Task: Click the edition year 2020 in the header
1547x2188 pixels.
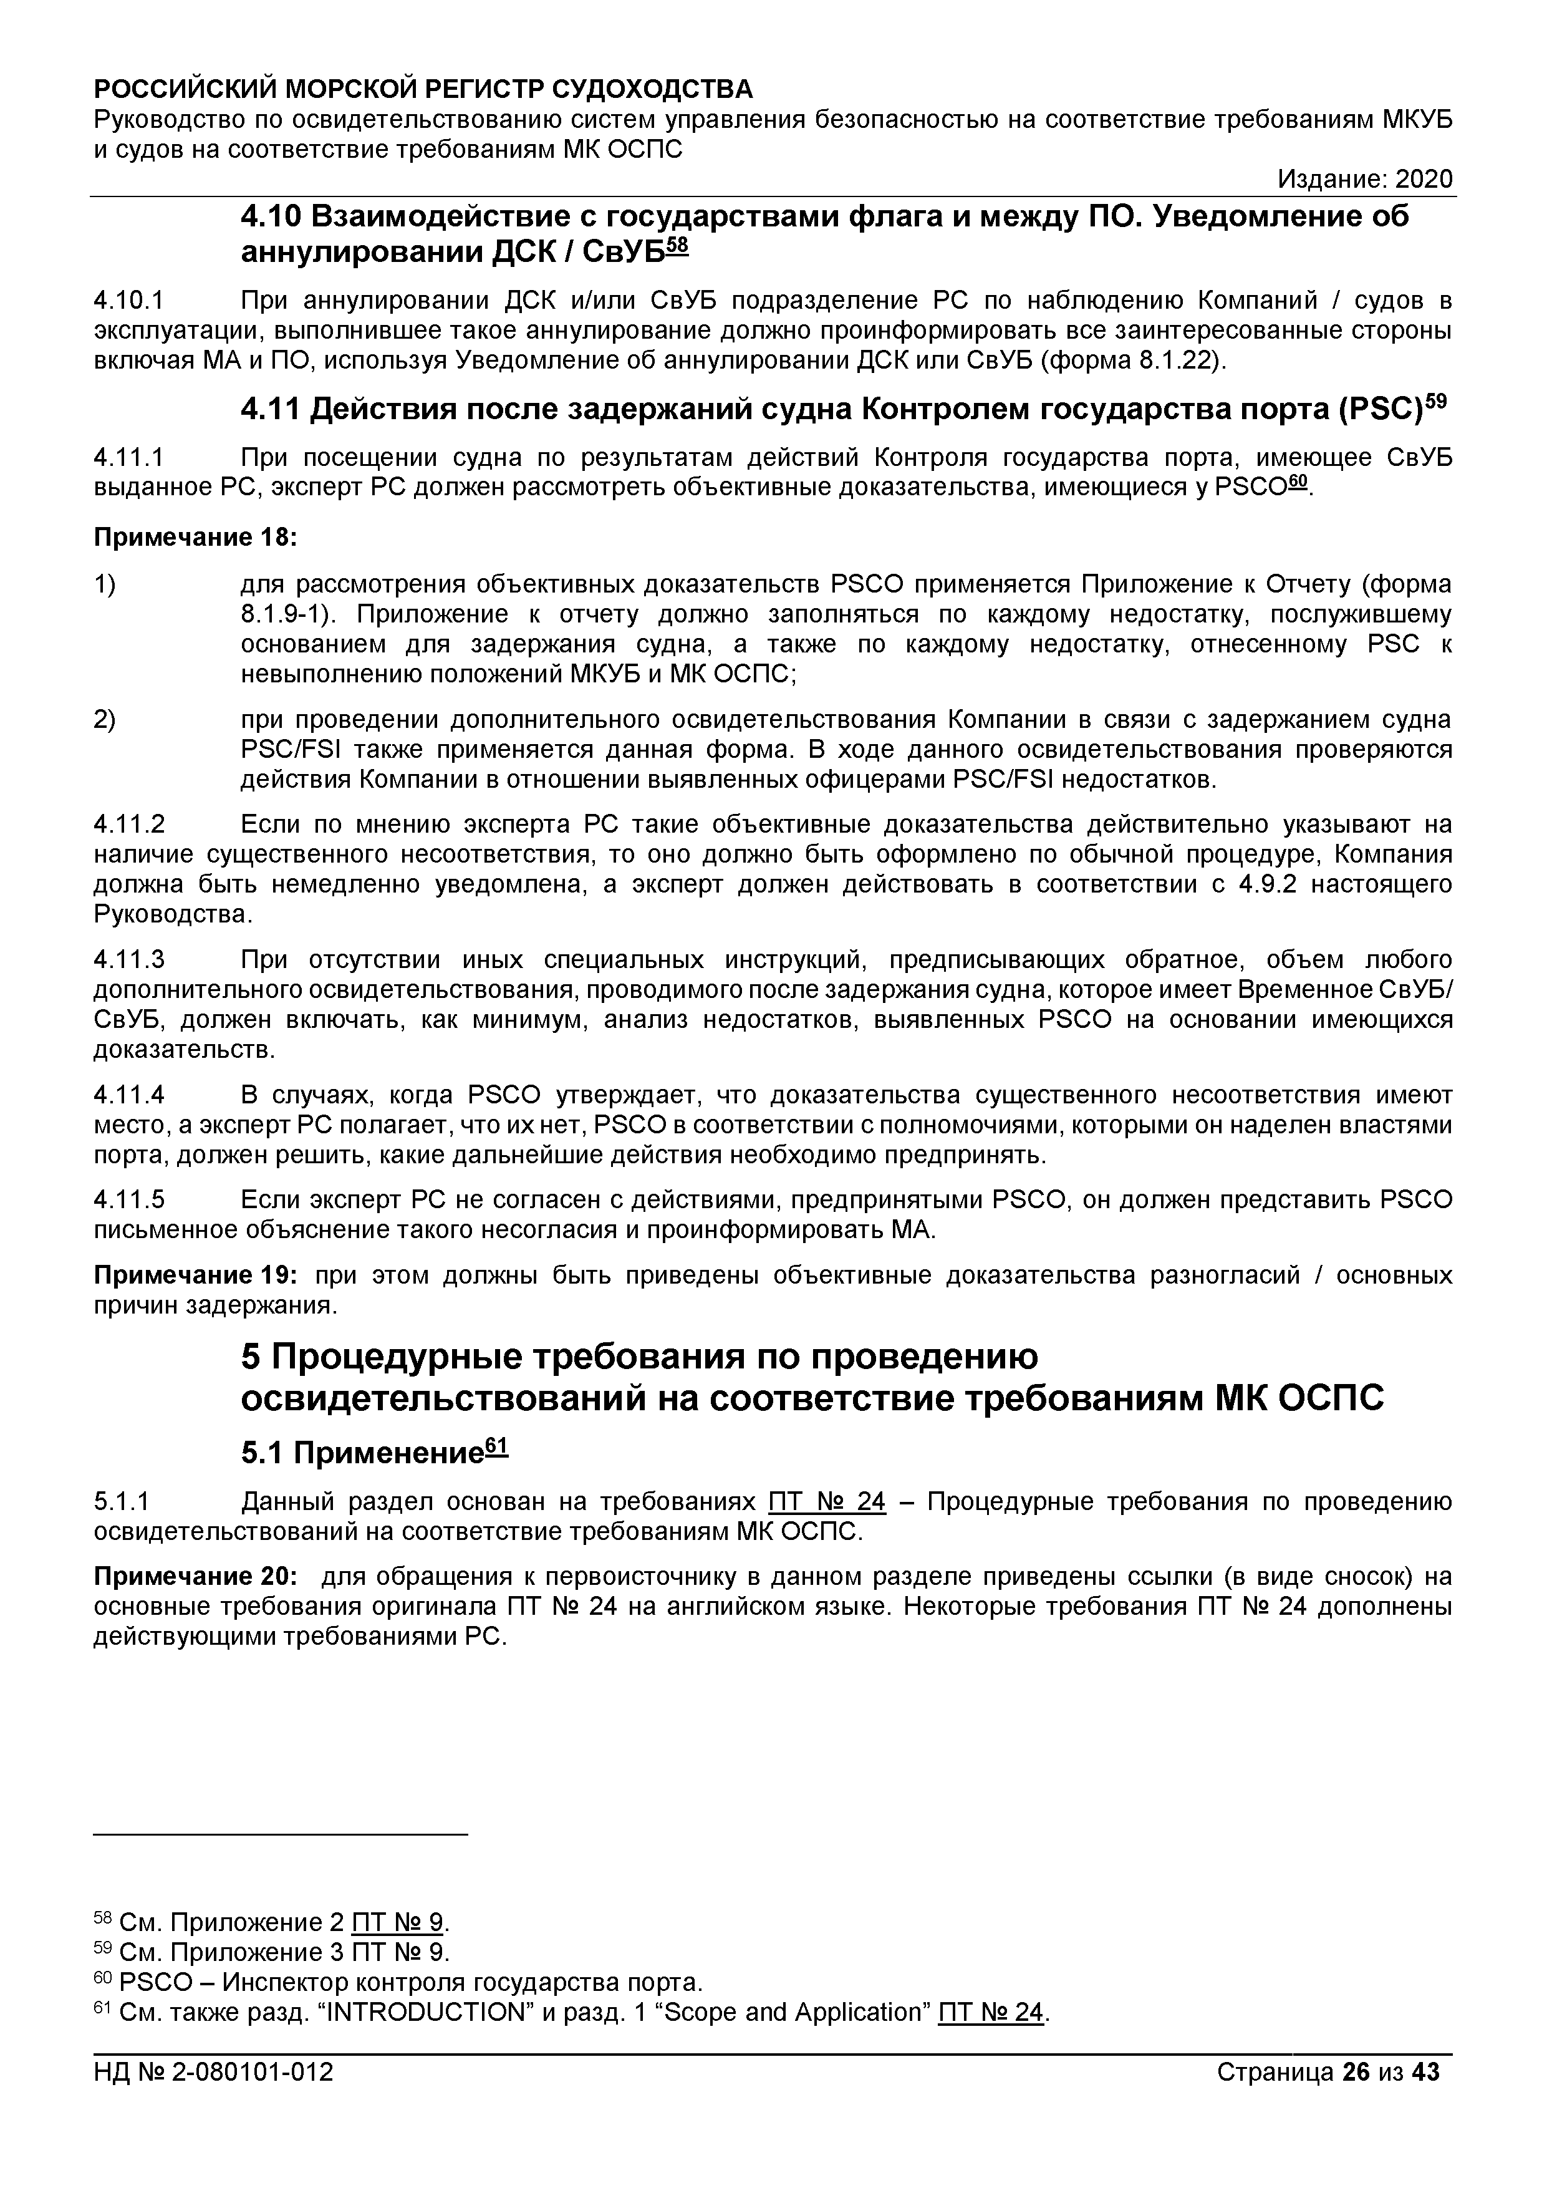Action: point(1424,179)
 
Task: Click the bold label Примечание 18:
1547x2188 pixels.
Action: point(195,538)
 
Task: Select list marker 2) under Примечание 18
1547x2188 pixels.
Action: point(105,720)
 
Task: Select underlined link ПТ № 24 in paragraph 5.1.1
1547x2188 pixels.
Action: point(826,1503)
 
